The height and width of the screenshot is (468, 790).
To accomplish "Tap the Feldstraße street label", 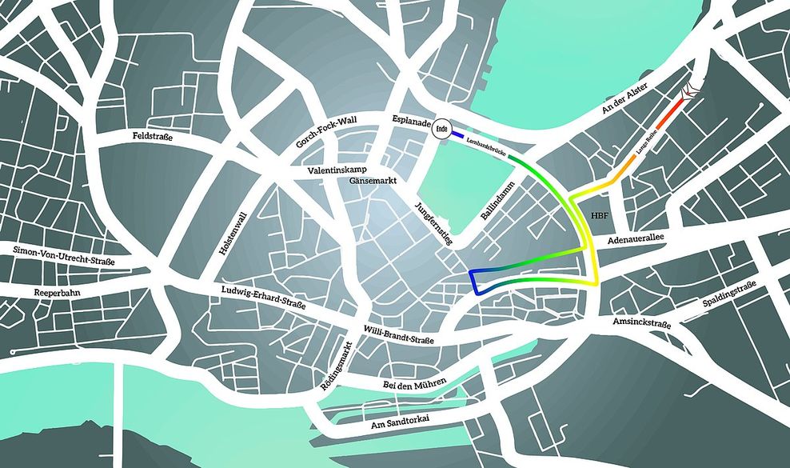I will coord(153,138).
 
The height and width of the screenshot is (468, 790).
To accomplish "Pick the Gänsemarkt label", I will coord(373,180).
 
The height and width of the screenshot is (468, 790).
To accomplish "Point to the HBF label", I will coord(599,216).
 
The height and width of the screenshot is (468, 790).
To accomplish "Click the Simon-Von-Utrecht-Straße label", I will coord(64,256).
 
